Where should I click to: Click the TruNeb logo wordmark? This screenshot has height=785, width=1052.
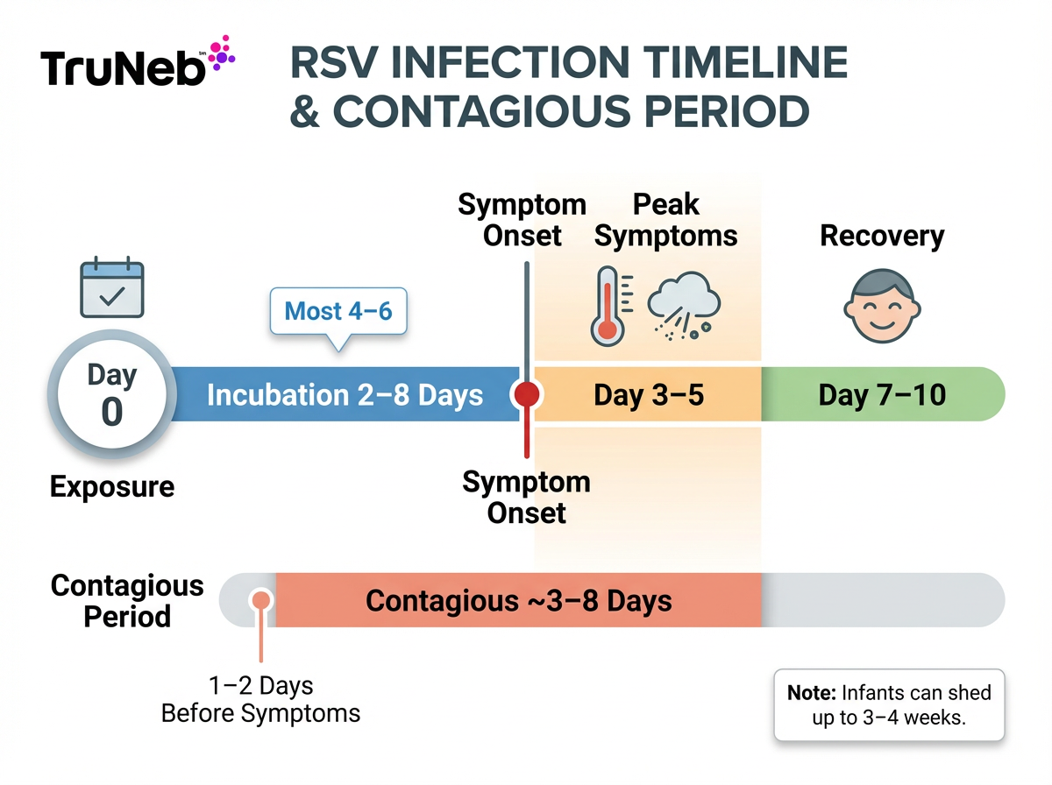[x=121, y=68]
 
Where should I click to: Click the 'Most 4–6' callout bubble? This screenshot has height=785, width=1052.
[x=338, y=311]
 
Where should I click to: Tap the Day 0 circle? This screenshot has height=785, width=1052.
[x=111, y=395]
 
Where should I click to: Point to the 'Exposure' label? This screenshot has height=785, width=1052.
[x=112, y=486]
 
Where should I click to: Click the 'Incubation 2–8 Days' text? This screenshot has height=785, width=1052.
[x=345, y=395]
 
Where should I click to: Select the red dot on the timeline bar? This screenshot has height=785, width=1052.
[x=526, y=395]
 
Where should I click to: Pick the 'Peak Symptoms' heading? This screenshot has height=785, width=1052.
[x=666, y=220]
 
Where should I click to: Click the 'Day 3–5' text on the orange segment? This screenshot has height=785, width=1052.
[x=649, y=395]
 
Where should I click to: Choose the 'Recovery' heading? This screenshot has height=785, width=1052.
[x=882, y=236]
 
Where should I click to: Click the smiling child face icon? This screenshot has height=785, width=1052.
[x=882, y=307]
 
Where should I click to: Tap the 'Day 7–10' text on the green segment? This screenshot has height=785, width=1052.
[x=882, y=395]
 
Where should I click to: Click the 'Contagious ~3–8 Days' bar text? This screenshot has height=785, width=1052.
[x=519, y=601]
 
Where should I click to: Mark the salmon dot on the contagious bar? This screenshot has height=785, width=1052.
[x=260, y=600]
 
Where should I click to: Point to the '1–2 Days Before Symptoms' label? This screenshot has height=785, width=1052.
[x=260, y=699]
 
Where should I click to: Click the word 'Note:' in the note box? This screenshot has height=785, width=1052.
[x=812, y=693]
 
